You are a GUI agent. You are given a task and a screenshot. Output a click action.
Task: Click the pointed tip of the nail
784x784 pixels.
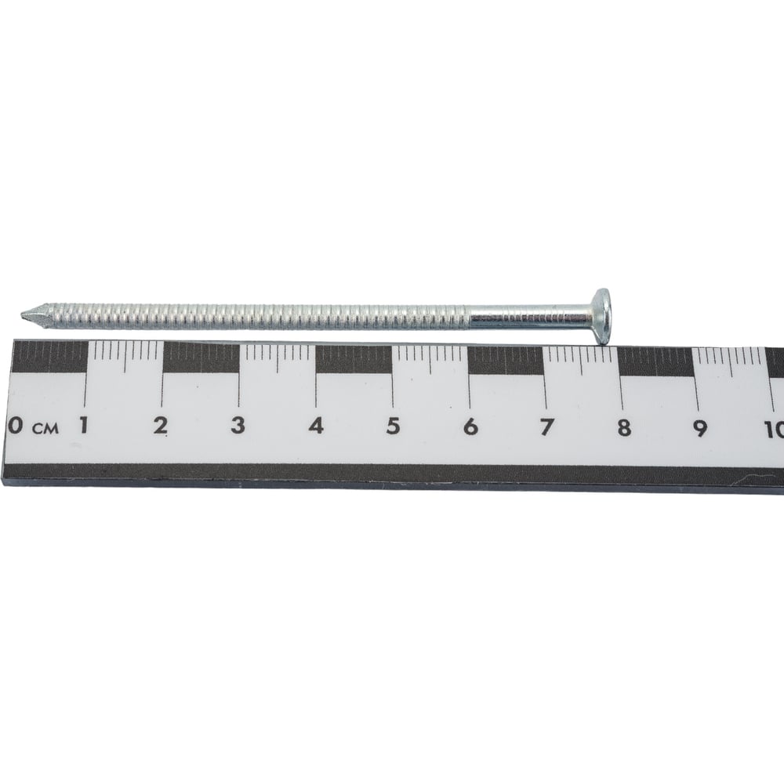(21, 314)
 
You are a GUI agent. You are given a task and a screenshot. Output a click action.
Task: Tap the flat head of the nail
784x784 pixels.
(602, 317)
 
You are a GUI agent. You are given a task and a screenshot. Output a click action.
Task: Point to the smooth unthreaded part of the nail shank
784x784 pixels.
(532, 318)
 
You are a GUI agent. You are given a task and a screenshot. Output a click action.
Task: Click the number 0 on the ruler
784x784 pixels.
(16, 426)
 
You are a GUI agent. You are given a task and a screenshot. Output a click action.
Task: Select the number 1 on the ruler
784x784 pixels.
(84, 426)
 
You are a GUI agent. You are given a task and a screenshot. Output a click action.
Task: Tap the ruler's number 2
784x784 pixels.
(161, 426)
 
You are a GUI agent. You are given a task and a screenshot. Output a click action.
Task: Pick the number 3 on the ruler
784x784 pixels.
(238, 426)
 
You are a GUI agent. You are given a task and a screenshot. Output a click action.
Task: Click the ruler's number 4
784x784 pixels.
(316, 426)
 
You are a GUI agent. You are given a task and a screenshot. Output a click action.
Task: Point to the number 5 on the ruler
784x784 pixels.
(393, 426)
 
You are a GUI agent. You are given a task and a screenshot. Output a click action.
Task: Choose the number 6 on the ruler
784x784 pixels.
(470, 427)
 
